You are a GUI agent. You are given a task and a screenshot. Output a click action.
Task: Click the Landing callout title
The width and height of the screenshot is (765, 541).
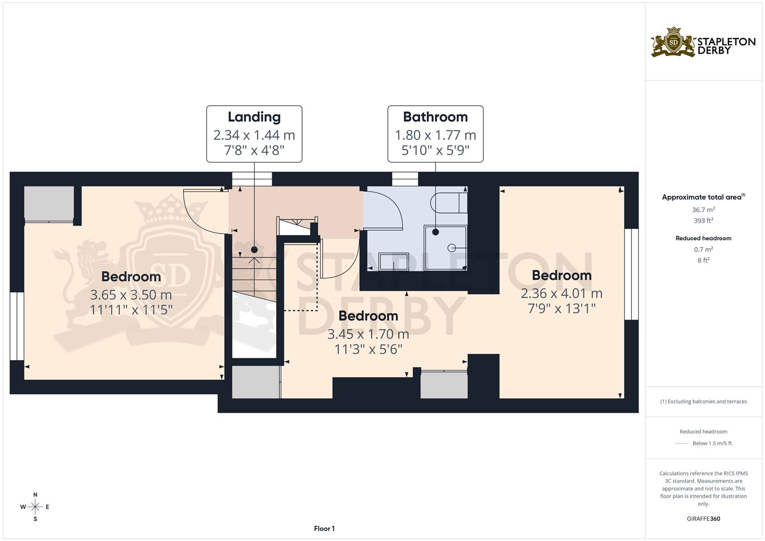254,117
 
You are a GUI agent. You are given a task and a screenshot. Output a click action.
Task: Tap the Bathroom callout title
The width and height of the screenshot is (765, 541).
435,117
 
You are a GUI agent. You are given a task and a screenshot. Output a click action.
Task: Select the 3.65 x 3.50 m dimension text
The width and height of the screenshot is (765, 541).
131,295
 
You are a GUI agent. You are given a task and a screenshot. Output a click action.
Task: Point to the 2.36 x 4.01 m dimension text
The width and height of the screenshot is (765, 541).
562,294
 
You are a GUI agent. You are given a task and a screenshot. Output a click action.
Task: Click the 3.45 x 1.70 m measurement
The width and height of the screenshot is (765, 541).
368,334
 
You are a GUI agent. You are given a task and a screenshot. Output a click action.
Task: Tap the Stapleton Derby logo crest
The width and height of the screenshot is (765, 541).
673,43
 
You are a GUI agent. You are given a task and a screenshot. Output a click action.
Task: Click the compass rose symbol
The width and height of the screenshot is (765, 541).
35,507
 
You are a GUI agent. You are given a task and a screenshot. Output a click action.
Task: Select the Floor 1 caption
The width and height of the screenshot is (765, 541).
324,528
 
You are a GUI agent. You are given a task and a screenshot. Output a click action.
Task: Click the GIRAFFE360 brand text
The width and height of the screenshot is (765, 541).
703,519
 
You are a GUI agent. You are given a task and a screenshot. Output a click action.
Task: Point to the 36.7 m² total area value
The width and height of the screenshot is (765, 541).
703,210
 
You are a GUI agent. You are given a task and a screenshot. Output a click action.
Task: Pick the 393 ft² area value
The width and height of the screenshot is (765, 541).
703,220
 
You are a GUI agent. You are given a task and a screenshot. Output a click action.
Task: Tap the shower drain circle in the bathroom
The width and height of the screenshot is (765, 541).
451,247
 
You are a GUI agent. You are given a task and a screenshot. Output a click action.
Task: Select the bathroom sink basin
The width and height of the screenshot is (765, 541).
393,261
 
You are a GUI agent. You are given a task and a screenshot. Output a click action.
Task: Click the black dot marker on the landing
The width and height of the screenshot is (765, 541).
254,249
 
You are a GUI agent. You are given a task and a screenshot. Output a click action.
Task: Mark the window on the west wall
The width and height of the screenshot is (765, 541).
17,326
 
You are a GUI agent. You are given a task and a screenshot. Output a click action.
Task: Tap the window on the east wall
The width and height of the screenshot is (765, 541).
631,274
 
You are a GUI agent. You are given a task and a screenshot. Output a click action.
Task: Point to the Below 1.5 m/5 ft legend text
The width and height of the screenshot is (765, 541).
712,443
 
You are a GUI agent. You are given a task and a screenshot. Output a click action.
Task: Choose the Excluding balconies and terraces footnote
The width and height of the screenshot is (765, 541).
703,401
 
